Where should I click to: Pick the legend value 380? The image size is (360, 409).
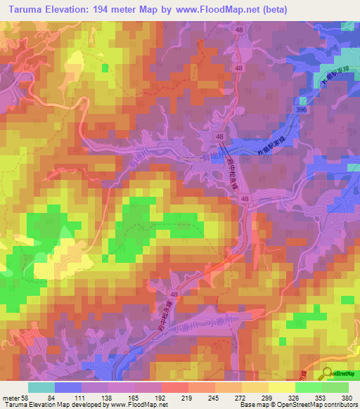(346, 398)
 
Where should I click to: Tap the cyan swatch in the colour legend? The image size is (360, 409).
(41, 387)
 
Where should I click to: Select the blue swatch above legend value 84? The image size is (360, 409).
(68, 387)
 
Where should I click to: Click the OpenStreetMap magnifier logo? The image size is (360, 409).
(327, 374)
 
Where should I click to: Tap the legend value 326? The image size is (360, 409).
(295, 398)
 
